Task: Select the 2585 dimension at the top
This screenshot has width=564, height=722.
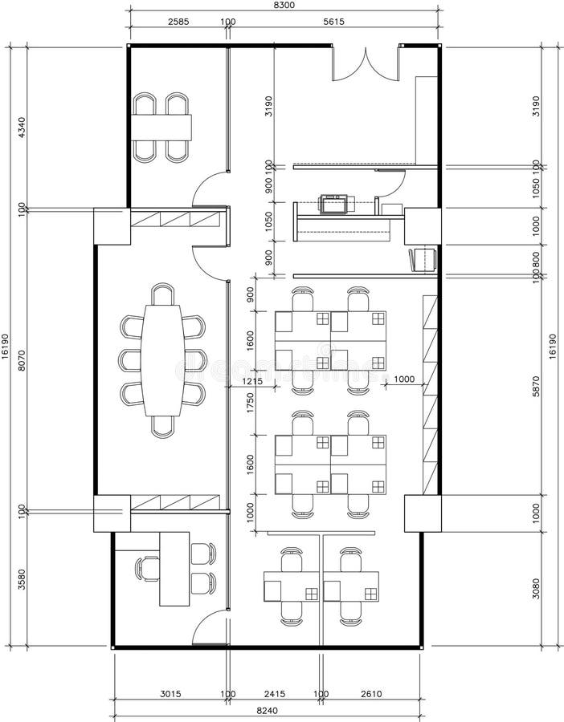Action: click(x=178, y=22)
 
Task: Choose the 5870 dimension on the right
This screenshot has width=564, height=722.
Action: click(x=535, y=385)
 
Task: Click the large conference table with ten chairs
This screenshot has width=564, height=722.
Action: click(x=163, y=360)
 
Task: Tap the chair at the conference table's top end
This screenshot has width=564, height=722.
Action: click(x=163, y=294)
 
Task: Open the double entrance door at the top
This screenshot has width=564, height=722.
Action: click(x=366, y=64)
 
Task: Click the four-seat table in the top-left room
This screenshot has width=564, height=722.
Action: click(x=162, y=127)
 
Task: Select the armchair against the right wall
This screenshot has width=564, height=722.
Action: click(x=423, y=259)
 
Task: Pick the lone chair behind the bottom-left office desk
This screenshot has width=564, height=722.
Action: click(x=148, y=568)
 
